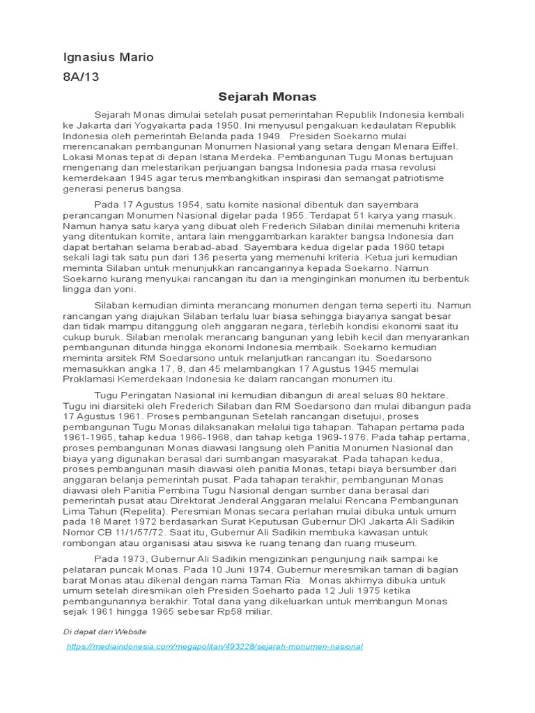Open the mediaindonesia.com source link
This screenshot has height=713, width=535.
pyautogui.click(x=214, y=646)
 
